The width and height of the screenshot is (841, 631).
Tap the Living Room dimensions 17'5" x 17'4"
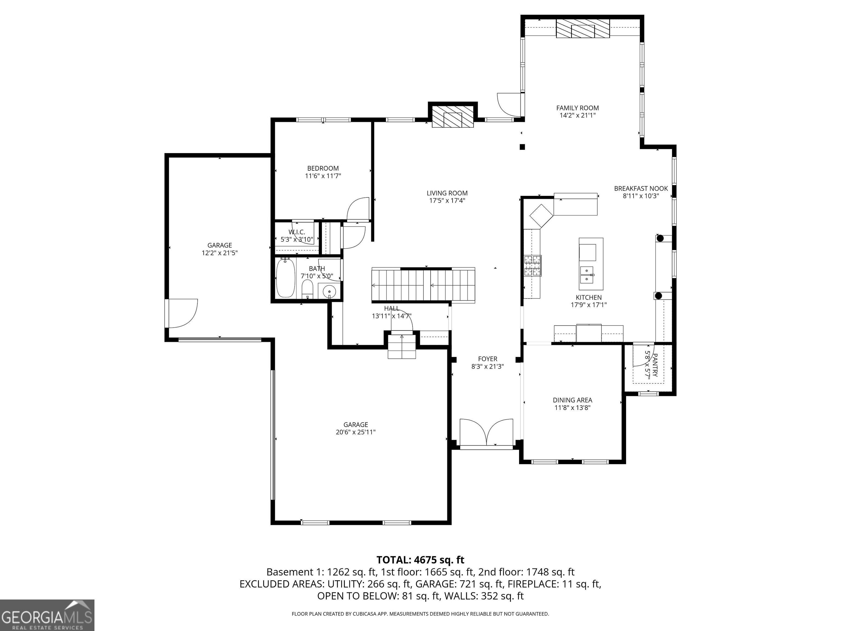(447, 201)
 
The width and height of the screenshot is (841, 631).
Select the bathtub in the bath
(286, 278)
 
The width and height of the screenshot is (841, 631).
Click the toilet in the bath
(307, 290)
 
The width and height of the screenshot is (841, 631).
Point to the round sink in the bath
(329, 292)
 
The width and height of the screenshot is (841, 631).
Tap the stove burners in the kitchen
(533, 265)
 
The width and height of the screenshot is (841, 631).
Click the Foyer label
(488, 359)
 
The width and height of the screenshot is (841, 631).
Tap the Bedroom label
(323, 168)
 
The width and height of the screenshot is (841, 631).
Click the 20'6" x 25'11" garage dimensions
(356, 432)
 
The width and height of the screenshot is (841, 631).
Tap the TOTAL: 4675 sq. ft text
(420, 560)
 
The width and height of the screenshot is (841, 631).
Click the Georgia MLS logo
(47, 615)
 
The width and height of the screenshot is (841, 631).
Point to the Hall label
(391, 308)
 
